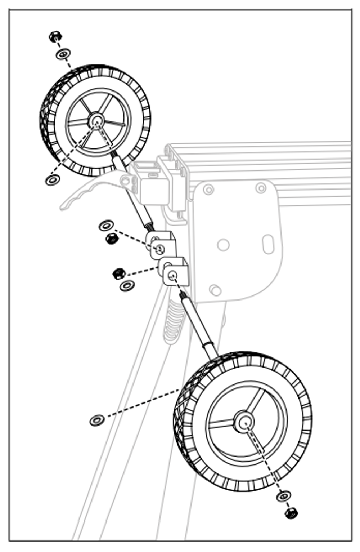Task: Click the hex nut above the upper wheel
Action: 55,36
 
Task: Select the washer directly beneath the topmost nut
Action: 63,54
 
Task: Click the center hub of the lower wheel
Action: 244,422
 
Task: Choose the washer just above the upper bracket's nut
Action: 106,226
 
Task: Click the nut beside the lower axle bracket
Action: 118,273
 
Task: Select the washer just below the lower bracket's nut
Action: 127,286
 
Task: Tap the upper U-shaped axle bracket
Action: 161,245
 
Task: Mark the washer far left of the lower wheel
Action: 97,420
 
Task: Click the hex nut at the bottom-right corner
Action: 291,513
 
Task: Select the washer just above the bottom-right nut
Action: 284,497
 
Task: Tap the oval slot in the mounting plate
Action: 268,244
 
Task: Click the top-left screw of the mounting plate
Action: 208,190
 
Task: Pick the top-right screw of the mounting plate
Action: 261,188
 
